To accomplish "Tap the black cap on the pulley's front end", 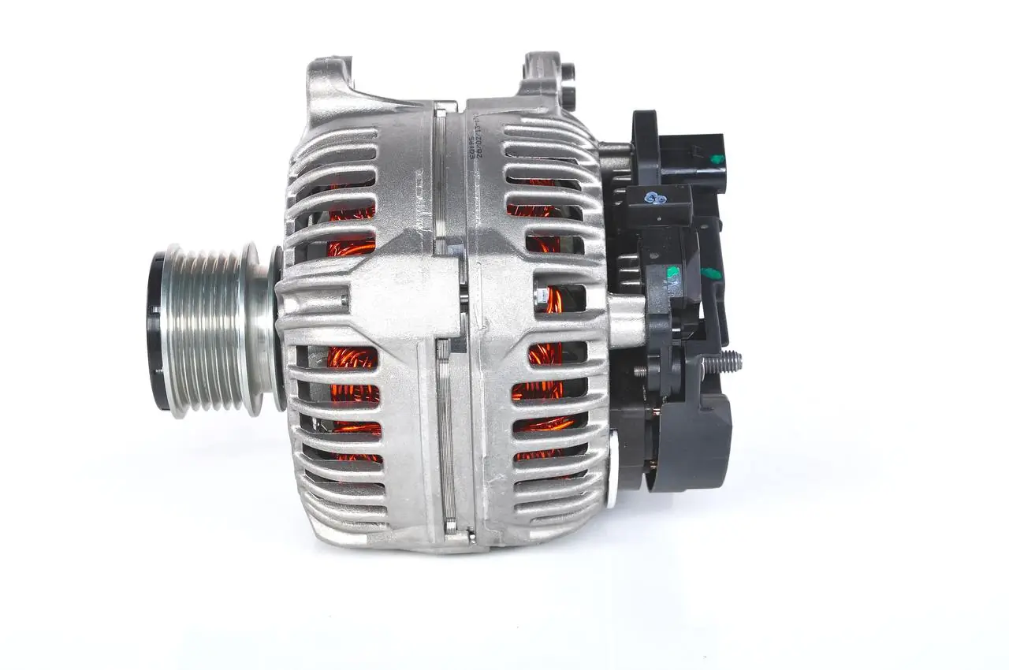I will (x=155, y=331).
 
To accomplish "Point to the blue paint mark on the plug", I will (x=653, y=199).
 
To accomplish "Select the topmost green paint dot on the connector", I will (x=717, y=159).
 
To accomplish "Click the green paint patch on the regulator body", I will (x=672, y=273).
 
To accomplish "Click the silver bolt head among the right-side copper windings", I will (x=541, y=296).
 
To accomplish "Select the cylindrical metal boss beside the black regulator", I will (x=627, y=319).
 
